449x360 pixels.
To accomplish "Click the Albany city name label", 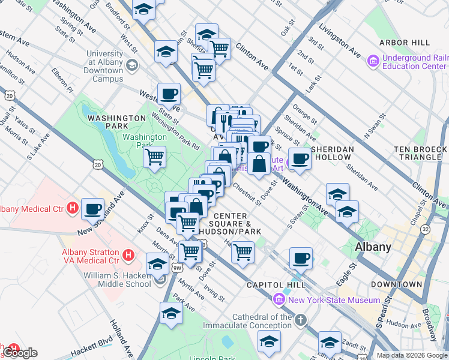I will (373, 247).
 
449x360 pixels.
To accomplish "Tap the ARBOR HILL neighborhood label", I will (404, 43).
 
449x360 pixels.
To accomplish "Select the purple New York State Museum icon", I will (279, 299).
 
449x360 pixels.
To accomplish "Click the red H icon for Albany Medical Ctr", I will (73, 209).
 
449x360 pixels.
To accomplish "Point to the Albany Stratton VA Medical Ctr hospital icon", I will (127, 256).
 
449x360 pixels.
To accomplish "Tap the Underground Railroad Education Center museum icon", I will (373, 61).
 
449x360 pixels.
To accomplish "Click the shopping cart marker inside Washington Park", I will (155, 158).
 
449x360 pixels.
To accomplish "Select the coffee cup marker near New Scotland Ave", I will (93, 209).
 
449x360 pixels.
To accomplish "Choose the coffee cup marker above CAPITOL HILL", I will (301, 258).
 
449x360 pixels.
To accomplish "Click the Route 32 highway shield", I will (426, 229).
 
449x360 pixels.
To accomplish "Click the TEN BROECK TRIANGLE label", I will (417, 152).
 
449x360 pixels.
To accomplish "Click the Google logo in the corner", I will (19, 353).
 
